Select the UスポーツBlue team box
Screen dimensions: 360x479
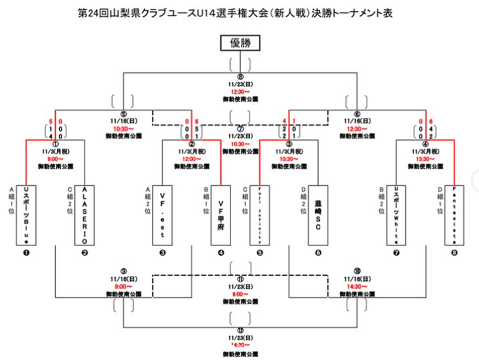click(25, 213)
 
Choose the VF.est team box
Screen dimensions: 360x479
click(162, 213)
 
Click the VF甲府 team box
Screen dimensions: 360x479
click(221, 213)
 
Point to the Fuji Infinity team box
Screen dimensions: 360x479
click(259, 213)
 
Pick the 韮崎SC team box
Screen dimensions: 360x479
click(318, 213)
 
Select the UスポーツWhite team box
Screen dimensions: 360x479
click(396, 213)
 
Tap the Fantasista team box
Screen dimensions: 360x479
click(455, 213)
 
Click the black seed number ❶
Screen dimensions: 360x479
click(26, 253)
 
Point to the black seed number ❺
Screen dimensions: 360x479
click(259, 253)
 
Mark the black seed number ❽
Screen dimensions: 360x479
click(455, 253)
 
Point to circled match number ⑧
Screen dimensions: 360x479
click(240, 77)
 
